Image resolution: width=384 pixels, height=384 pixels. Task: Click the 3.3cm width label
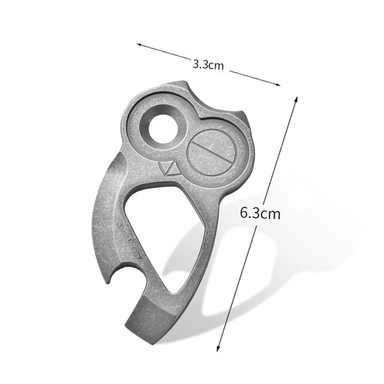[209, 64]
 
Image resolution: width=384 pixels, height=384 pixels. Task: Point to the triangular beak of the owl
[170, 169]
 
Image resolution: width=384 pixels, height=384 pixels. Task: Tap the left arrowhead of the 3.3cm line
[139, 44]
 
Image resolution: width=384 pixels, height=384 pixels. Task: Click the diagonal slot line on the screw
[211, 153]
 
